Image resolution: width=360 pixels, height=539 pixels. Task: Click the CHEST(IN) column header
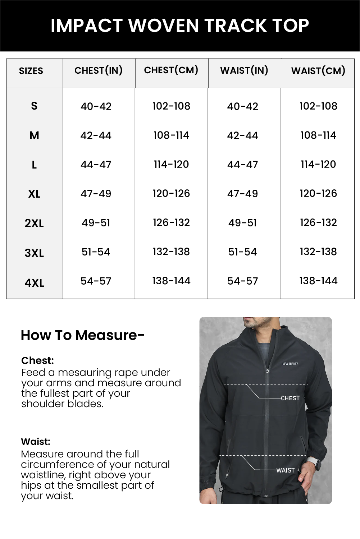(x=98, y=70)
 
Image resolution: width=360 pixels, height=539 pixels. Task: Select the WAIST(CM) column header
(x=318, y=71)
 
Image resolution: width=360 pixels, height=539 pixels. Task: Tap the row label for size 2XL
(x=34, y=224)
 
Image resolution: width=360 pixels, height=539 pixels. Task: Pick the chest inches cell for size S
(x=96, y=106)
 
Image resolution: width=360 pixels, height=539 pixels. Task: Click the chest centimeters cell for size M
(x=171, y=135)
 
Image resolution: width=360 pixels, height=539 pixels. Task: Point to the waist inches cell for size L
(x=242, y=165)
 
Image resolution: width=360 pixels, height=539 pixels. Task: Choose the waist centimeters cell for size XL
(x=318, y=194)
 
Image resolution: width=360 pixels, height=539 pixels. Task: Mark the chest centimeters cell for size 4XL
(x=171, y=281)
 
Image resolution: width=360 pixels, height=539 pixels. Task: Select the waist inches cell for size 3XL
(x=242, y=252)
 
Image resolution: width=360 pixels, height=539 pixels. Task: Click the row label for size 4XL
(x=34, y=283)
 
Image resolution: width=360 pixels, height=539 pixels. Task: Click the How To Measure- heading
(x=82, y=335)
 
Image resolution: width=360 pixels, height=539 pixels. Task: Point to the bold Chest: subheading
(x=37, y=360)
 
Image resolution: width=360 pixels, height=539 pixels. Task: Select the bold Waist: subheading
(x=36, y=442)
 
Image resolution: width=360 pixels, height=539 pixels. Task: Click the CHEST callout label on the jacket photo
(x=290, y=398)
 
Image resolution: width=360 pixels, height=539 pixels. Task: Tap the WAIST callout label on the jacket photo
(x=286, y=470)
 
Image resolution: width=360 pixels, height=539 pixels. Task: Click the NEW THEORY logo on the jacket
(x=290, y=364)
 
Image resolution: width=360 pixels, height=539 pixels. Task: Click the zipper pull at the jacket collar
(x=267, y=370)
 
